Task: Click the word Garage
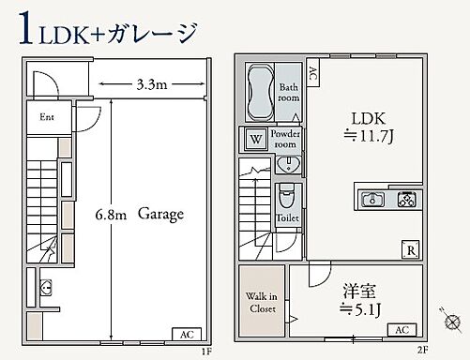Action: coord(160,214)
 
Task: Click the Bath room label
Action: coord(289,93)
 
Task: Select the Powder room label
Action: coord(285,140)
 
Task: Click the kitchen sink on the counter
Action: coord(371,199)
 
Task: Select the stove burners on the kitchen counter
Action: coord(407,199)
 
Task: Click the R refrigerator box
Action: coord(410,249)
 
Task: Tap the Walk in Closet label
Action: coord(262,301)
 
